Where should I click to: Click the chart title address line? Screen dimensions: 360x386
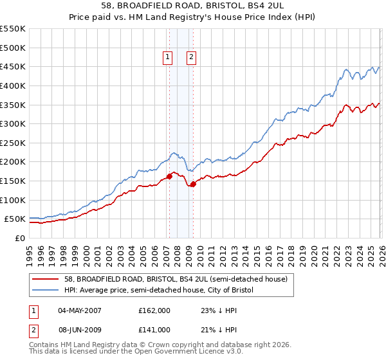[193, 5]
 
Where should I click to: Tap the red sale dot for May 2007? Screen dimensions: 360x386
[169, 176]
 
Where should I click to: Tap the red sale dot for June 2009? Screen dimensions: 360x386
[193, 184]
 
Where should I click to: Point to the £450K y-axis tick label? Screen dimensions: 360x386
[13, 66]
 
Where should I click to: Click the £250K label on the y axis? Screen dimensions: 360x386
[13, 143]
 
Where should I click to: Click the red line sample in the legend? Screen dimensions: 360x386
[46, 279]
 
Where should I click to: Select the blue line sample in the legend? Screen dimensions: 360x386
[46, 291]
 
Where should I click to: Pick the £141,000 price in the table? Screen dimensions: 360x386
[154, 330]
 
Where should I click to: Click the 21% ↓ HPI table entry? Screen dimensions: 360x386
[217, 330]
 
